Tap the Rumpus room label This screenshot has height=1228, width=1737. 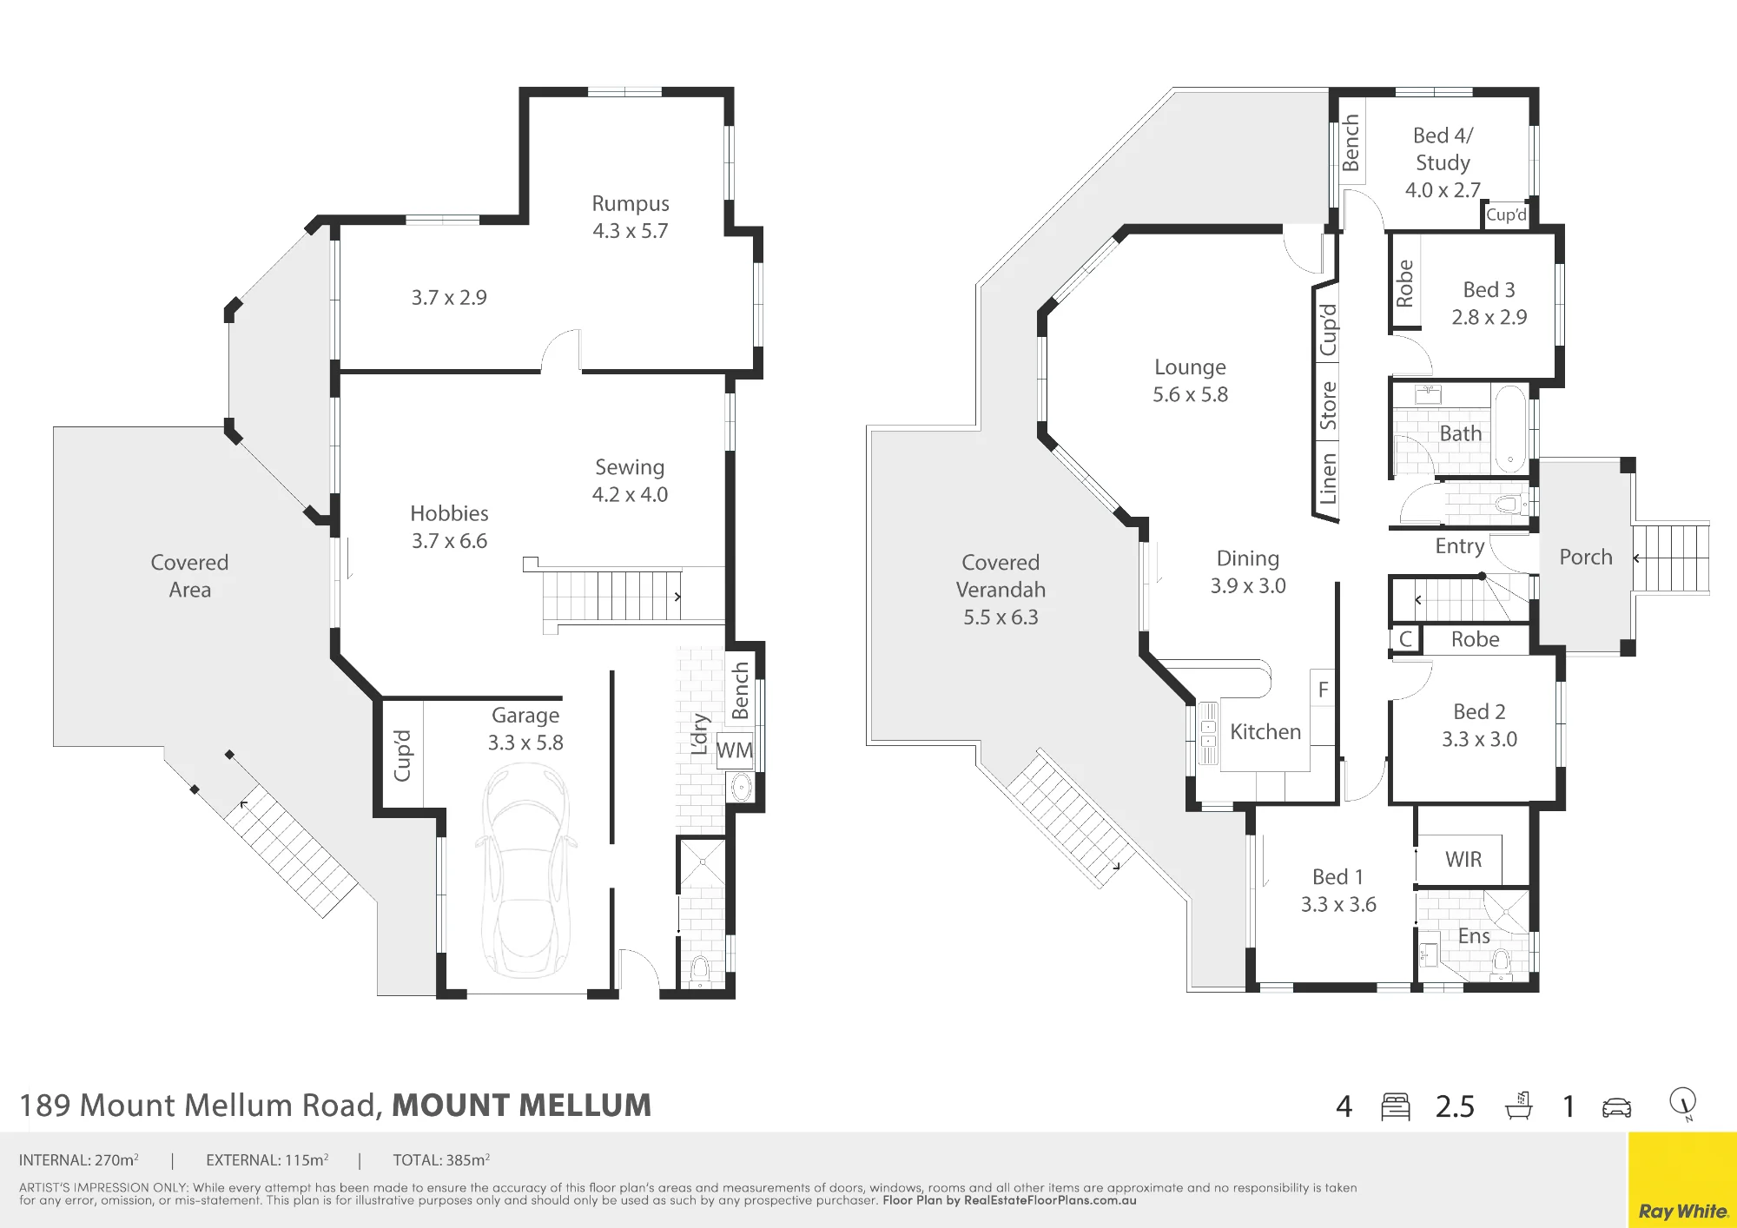(631, 203)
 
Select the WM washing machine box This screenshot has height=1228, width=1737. (735, 750)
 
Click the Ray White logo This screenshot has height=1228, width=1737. (1682, 1211)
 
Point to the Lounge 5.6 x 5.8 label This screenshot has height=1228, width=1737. (1190, 380)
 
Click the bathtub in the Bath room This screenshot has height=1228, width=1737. (1510, 429)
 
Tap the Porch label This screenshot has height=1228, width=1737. (1586, 557)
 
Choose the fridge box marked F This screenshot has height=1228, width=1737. (1323, 690)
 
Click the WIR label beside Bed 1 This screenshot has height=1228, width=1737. (1463, 859)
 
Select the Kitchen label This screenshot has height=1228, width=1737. (1265, 732)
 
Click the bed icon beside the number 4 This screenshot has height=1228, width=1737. (1396, 1106)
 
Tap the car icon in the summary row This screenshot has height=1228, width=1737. (1616, 1107)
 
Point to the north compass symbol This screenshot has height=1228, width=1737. (1683, 1103)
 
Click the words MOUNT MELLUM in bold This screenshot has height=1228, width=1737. (521, 1106)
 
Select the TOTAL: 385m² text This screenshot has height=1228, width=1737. (441, 1159)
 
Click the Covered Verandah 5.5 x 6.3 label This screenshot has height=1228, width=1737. (1001, 590)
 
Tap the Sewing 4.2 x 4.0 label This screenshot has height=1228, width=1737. (630, 480)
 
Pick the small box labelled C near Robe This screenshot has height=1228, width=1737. (1405, 639)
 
